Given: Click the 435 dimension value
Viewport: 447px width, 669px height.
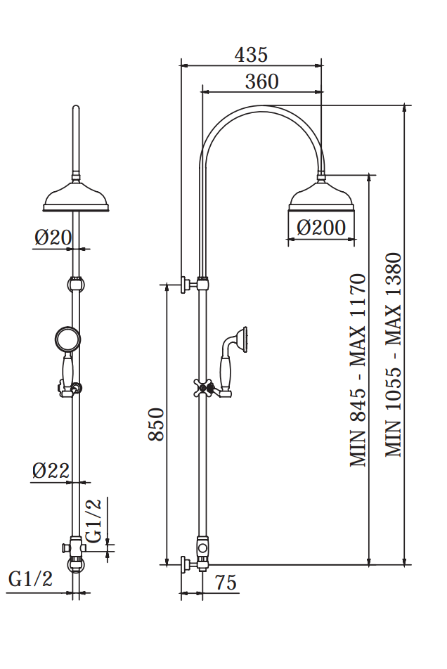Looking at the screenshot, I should pos(251,55).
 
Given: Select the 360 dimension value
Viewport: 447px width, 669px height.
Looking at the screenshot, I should pos(261,82).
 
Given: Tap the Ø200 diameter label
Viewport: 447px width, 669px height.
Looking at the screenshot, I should pos(320,227).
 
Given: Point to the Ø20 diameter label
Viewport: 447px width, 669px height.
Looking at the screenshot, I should pos(53,238).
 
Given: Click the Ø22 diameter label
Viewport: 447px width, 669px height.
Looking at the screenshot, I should pos(51,471).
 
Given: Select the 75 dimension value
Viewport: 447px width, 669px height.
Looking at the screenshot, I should pos(225,583).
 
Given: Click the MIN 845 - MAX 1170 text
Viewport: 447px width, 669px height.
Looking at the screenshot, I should pos(358,371).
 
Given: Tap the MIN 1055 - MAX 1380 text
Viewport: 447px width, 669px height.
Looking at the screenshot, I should pos(394,355).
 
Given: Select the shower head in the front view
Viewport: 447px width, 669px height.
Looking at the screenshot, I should pos(77,198).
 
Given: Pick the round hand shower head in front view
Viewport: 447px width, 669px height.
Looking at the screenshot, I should pos(67,339).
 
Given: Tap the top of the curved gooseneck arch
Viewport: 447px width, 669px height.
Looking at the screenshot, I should pos(262,108).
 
